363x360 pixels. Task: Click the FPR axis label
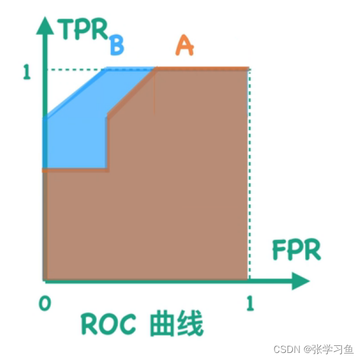click(x=296, y=250)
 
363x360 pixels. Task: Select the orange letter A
click(x=184, y=46)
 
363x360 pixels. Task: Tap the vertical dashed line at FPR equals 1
click(x=249, y=177)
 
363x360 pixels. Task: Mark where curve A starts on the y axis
click(x=44, y=170)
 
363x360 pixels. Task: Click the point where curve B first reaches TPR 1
click(x=106, y=70)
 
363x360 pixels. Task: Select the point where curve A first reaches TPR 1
click(x=156, y=70)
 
